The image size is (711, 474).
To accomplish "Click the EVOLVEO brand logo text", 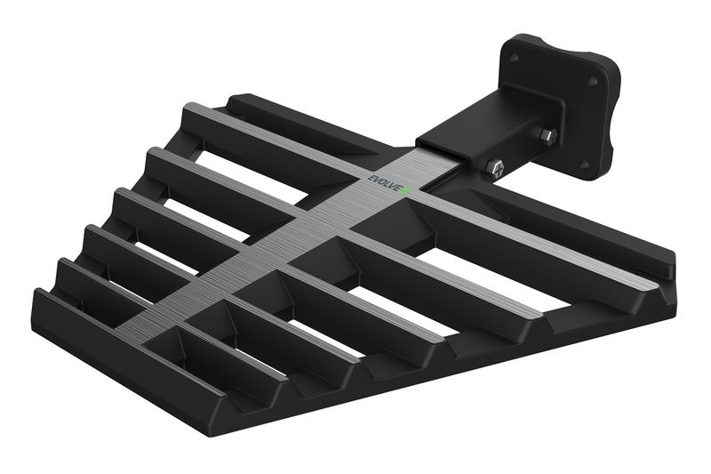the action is coord(388,185).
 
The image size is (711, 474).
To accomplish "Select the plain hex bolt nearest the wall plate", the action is coord(548,136).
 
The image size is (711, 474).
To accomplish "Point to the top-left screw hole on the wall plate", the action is coord(514,58).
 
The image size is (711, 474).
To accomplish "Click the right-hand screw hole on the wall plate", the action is coord(593,82).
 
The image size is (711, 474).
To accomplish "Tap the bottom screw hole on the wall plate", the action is coord(585,164).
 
